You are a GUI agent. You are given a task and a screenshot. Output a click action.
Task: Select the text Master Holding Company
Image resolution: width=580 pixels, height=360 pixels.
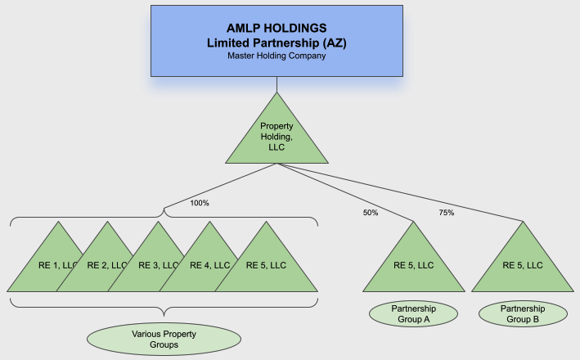(277, 56)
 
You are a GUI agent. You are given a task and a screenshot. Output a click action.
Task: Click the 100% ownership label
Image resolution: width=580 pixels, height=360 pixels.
(200, 202)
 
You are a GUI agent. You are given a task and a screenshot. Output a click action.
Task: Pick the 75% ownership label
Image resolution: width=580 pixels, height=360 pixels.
(446, 213)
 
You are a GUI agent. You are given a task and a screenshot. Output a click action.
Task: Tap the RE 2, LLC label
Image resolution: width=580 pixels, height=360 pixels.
(90, 265)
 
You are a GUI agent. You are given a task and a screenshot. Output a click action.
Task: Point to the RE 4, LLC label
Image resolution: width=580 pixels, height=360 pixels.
(194, 265)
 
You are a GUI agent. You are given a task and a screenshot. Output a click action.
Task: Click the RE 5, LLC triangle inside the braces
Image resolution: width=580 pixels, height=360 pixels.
(266, 265)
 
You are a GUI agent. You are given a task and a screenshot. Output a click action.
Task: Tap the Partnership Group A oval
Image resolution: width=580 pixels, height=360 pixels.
(413, 314)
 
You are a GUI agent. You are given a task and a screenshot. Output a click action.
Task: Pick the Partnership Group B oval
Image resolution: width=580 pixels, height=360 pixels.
(523, 314)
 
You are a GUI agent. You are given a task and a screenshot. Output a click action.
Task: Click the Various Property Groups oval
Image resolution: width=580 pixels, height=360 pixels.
(164, 340)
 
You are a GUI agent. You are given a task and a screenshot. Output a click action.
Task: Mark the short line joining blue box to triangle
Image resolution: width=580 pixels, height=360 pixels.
(277, 83)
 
